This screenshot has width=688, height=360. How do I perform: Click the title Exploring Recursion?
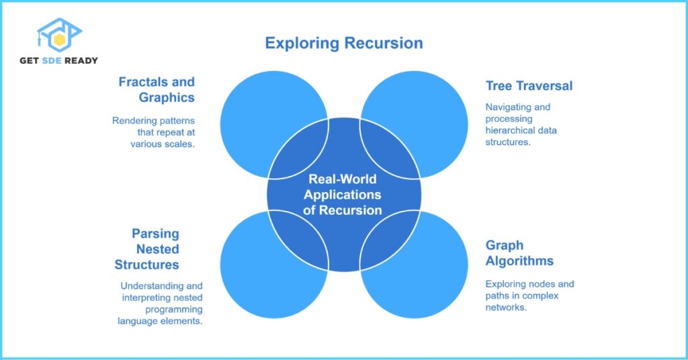343,43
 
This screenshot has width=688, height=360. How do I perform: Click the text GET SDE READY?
58,60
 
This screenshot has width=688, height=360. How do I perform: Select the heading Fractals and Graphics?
157,89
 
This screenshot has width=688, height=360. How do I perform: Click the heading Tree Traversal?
529,85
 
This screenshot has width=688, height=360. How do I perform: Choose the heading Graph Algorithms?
519,253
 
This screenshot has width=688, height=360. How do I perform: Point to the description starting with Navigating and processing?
521,124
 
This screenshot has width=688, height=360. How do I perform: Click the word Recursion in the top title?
384,43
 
